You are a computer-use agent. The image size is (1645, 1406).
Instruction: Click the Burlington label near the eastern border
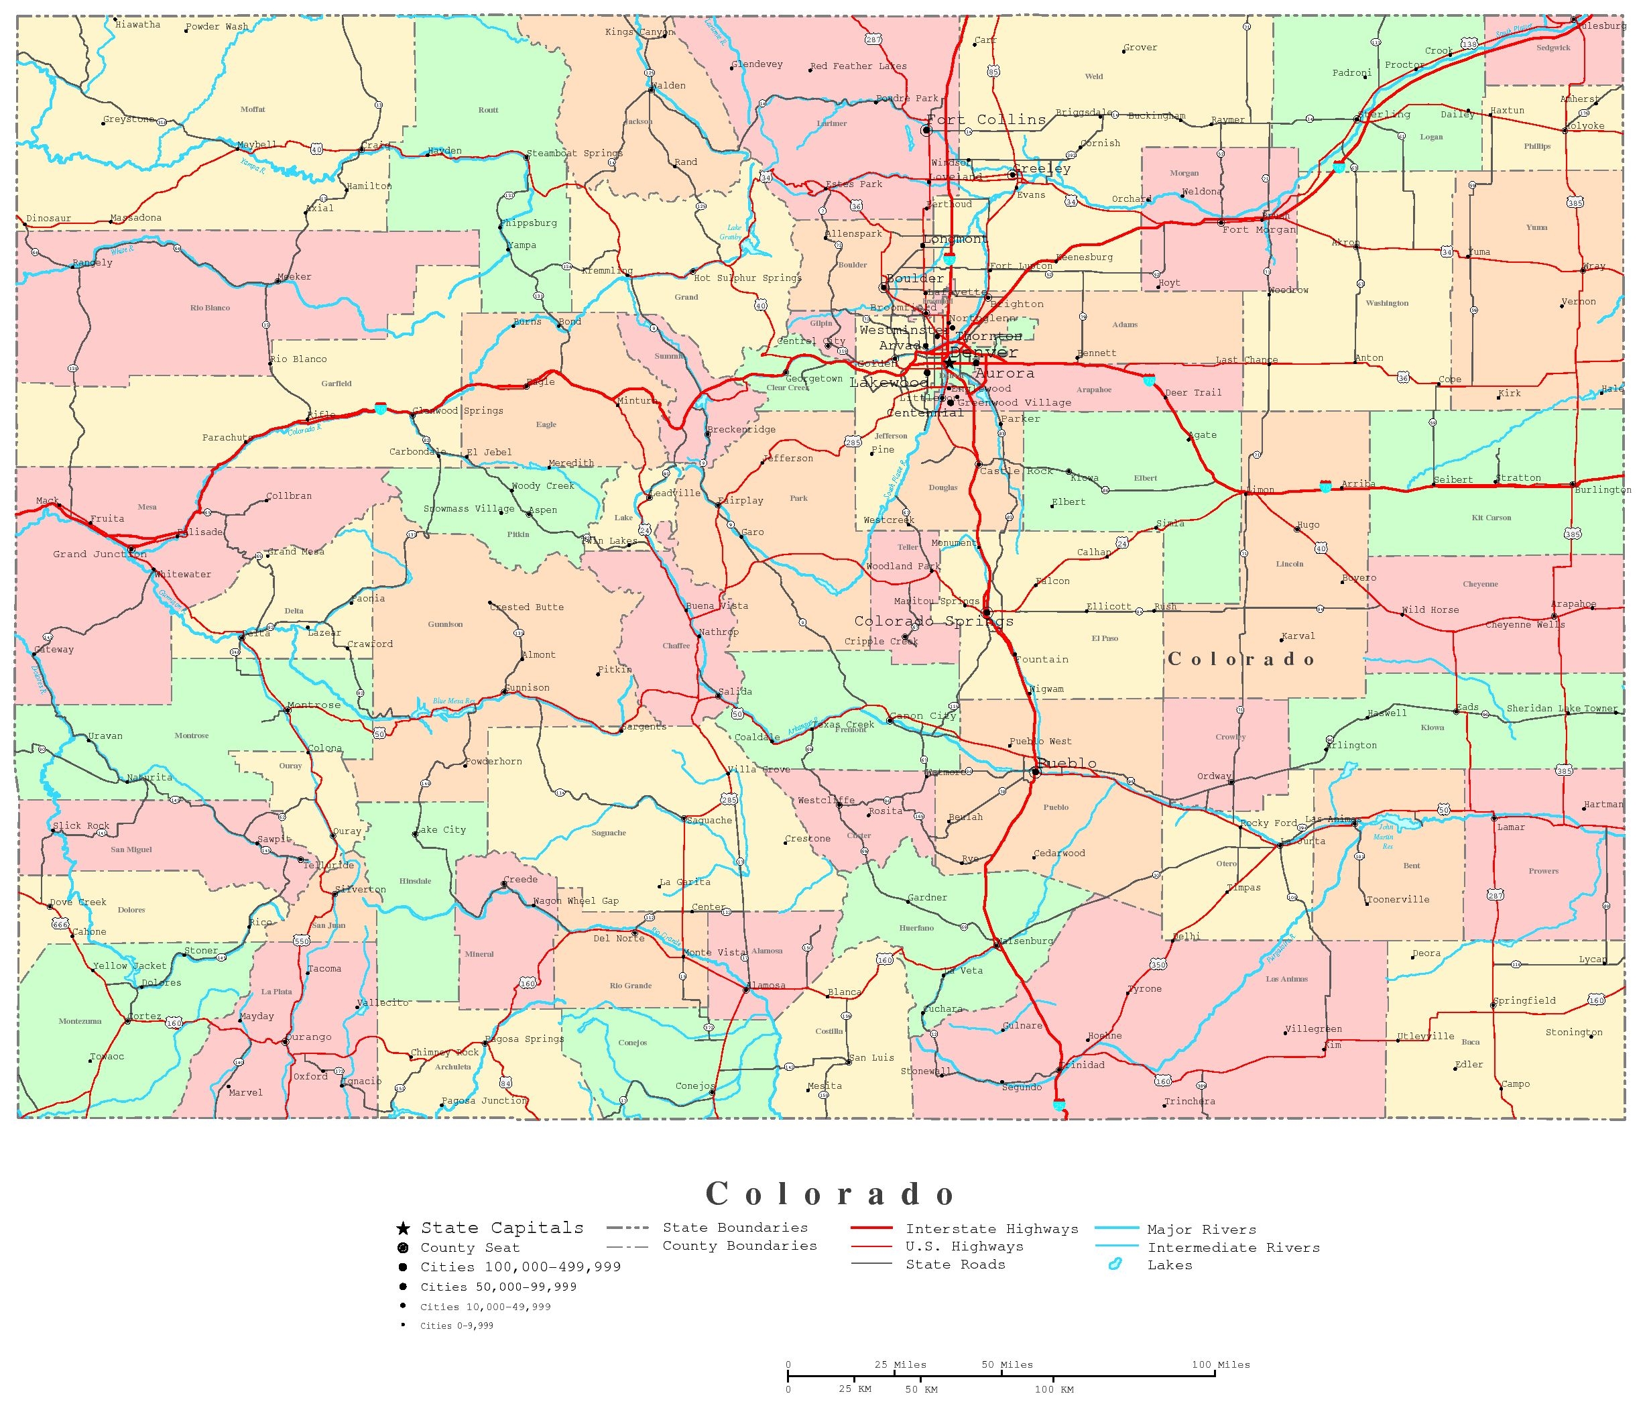(x=1602, y=490)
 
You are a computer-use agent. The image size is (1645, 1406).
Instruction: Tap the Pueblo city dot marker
(x=1035, y=772)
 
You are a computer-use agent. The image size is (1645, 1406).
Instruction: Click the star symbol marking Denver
(x=949, y=363)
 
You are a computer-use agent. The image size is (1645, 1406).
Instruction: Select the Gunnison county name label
(x=445, y=624)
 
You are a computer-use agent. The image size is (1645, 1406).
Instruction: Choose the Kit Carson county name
(x=1491, y=518)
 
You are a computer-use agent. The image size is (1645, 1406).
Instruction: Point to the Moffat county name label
(x=253, y=109)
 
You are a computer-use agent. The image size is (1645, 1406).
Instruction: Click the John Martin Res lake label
(x=1386, y=837)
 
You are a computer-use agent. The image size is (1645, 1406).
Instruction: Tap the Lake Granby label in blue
(x=731, y=232)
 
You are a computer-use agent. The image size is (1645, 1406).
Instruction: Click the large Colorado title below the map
(x=831, y=1194)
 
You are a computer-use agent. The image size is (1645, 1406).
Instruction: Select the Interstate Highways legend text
(x=991, y=1229)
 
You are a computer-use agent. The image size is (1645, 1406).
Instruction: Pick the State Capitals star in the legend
(x=404, y=1229)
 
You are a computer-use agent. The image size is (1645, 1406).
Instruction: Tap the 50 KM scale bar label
(x=921, y=1389)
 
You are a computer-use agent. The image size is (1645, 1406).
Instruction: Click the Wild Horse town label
(x=1430, y=609)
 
